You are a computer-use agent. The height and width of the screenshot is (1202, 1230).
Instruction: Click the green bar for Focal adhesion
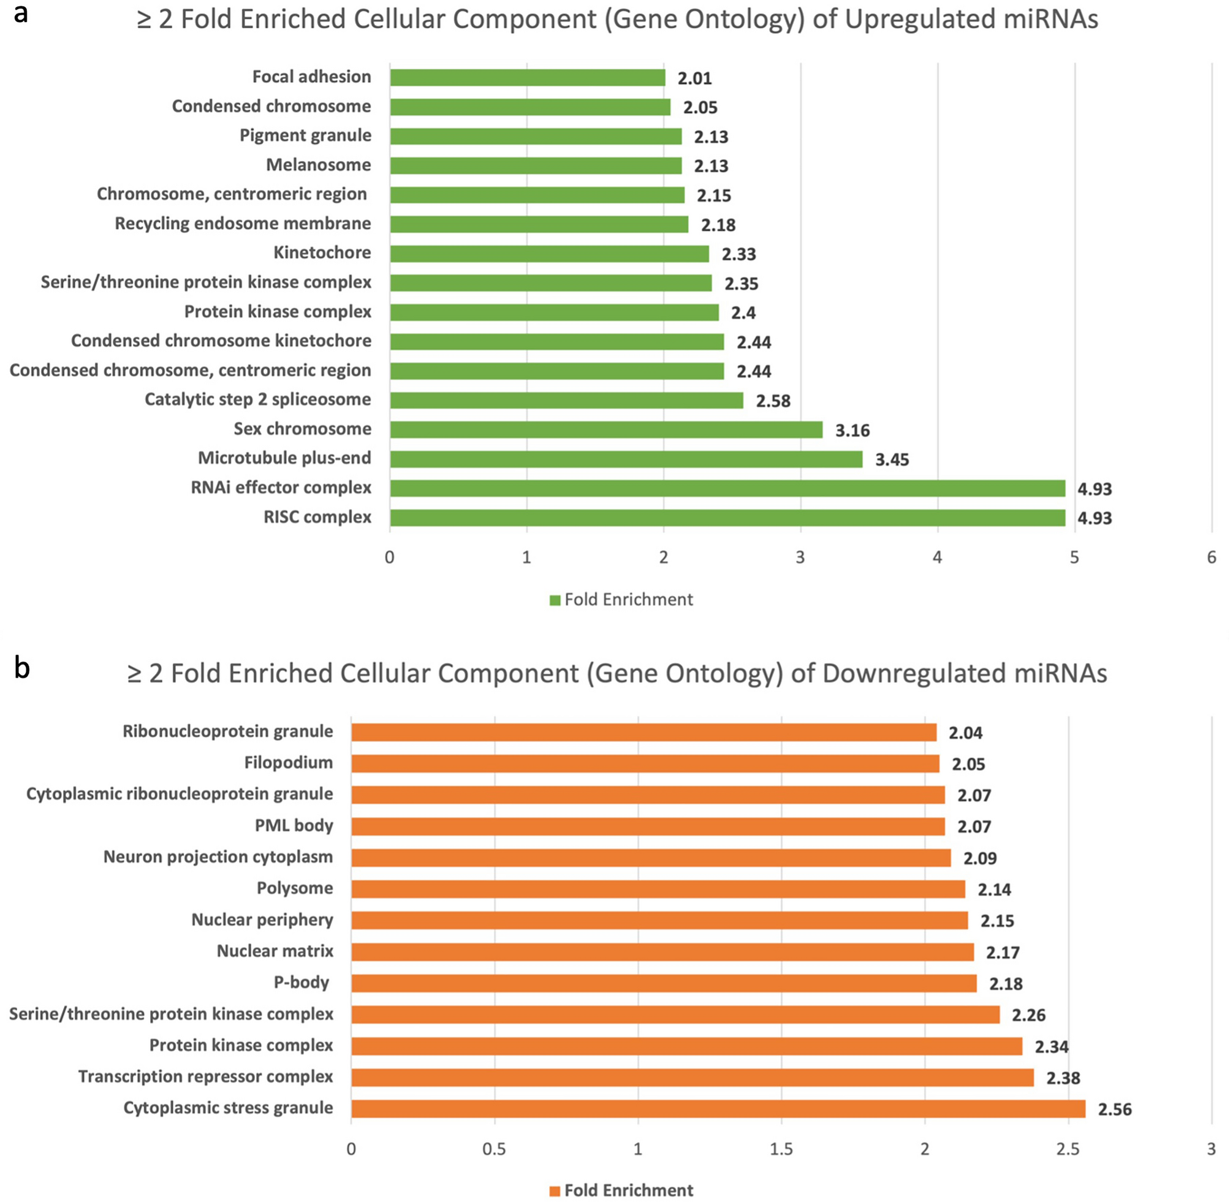coord(527,77)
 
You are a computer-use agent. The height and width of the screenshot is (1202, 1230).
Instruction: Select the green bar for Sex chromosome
coord(606,429)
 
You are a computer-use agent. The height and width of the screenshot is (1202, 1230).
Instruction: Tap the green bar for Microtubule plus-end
coord(626,459)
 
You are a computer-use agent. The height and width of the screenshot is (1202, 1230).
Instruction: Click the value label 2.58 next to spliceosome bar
coord(773,401)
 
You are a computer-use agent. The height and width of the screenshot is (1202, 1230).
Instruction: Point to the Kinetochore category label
coord(322,252)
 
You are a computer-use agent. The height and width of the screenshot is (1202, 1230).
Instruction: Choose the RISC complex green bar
coord(727,518)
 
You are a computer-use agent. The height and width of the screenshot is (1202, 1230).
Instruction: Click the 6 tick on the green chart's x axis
coord(1211,558)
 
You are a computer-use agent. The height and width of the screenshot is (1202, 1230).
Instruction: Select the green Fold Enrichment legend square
coord(555,600)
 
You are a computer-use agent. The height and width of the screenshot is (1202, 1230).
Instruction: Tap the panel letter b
coord(22,668)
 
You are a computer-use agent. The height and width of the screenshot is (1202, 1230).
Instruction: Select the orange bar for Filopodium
coord(645,763)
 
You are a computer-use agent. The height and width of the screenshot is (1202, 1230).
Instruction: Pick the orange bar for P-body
coord(664,983)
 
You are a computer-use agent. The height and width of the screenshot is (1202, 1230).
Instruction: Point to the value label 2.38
coord(1063,1078)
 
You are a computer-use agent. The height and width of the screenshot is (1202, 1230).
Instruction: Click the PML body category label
coord(294,825)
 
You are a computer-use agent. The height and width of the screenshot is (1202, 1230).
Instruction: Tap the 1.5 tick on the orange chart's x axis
coord(781,1149)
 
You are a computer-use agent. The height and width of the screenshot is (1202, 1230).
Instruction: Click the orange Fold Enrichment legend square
coord(555,1190)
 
